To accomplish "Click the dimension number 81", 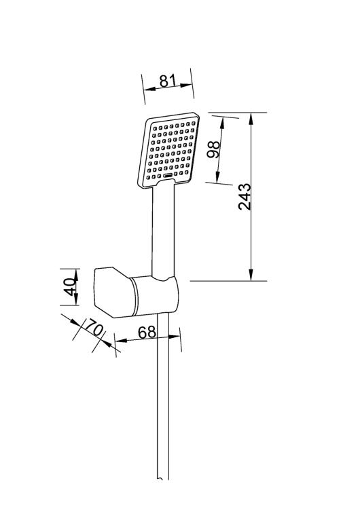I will [x=168, y=81].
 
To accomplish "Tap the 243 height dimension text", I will [x=246, y=196].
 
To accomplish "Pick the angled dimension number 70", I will [x=94, y=331].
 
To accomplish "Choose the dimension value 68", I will [x=147, y=333].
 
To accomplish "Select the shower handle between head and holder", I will [x=164, y=231].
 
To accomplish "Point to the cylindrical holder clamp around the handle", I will [x=156, y=296].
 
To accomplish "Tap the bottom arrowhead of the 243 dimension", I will [x=251, y=275].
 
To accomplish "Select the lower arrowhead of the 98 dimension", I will [x=218, y=179].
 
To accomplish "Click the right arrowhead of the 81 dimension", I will [x=188, y=85].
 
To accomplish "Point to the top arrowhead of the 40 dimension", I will [x=77, y=271].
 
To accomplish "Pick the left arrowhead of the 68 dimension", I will [x=118, y=337].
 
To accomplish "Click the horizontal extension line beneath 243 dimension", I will [x=228, y=280].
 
